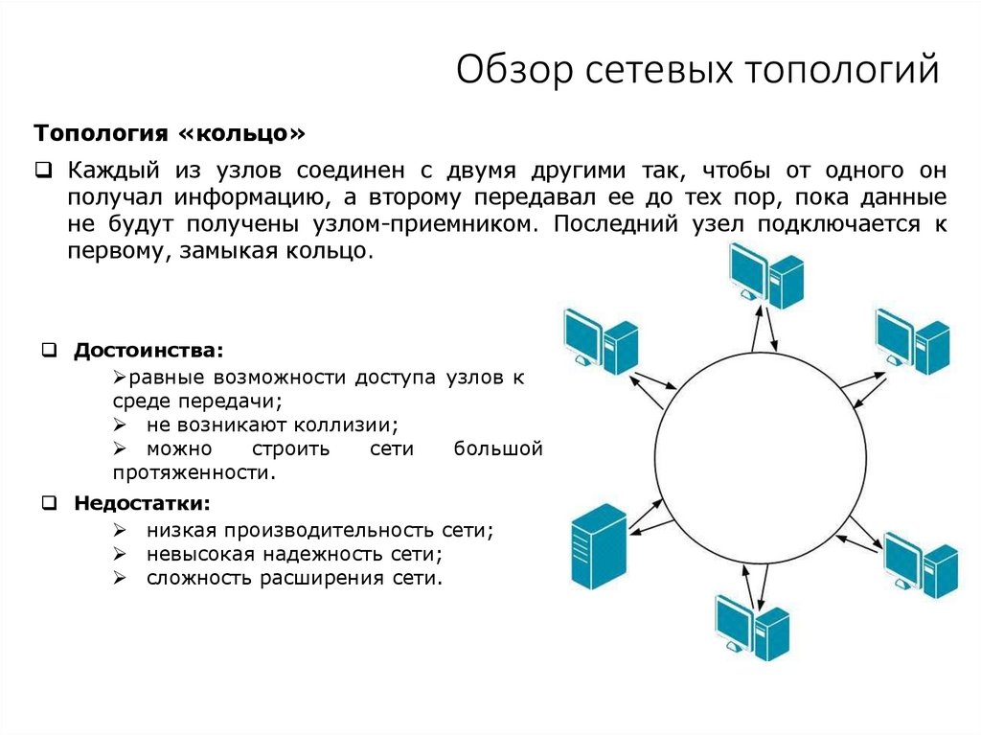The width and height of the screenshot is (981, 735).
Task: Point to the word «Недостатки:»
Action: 143,502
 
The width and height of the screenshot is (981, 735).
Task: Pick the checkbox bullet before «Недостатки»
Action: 50,502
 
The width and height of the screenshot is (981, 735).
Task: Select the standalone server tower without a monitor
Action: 597,546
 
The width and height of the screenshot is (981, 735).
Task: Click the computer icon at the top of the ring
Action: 764,275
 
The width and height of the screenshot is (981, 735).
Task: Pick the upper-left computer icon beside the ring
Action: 600,340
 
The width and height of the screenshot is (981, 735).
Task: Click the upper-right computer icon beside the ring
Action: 912,340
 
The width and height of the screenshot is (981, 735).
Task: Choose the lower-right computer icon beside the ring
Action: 919,565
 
